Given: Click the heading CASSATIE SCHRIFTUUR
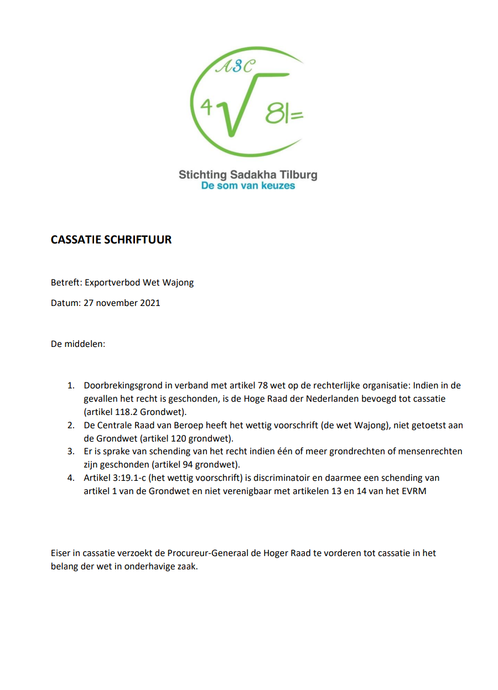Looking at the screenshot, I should (111, 240).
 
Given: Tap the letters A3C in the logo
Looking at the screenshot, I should (236, 66).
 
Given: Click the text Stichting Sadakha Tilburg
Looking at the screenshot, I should (248, 175).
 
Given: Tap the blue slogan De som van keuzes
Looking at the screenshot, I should (248, 186).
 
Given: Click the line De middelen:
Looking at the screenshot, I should (78, 344).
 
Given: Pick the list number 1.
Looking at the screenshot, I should (70, 385).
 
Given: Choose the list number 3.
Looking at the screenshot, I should (70, 452).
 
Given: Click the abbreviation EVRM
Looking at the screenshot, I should (415, 491).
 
